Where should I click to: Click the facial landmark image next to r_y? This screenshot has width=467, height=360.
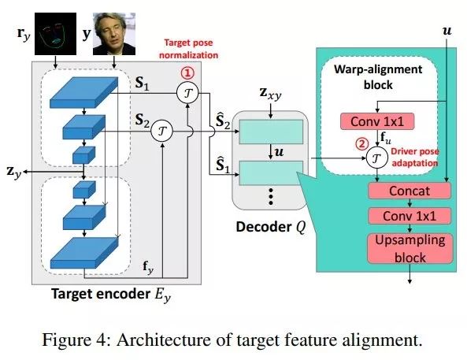(x=55, y=34)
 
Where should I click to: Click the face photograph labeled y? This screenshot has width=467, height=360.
(x=114, y=34)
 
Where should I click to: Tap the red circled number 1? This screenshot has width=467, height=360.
(x=187, y=73)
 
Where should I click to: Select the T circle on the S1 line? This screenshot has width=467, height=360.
(x=187, y=93)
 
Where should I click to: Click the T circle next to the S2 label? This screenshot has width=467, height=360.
(x=161, y=131)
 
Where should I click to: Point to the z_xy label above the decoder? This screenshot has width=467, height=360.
(x=270, y=94)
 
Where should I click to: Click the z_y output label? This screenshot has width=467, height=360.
(x=14, y=172)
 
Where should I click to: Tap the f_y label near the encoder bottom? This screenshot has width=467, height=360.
(x=148, y=266)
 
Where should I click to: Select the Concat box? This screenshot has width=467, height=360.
(x=410, y=191)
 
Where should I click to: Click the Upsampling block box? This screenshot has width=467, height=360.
(x=410, y=249)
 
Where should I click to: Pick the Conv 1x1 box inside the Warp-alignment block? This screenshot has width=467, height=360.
(x=377, y=121)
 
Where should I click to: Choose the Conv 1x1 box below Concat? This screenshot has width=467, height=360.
(x=410, y=216)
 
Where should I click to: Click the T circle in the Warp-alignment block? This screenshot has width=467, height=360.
(x=376, y=158)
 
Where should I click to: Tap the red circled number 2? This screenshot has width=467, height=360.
(x=361, y=144)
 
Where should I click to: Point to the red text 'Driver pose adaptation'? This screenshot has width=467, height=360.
(x=415, y=157)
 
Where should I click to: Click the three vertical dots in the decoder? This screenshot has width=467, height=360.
(x=271, y=196)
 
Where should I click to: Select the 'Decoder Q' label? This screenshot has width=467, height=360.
(x=271, y=227)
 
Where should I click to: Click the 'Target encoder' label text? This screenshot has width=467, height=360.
(x=101, y=294)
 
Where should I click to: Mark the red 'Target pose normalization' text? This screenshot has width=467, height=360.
(x=188, y=49)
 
